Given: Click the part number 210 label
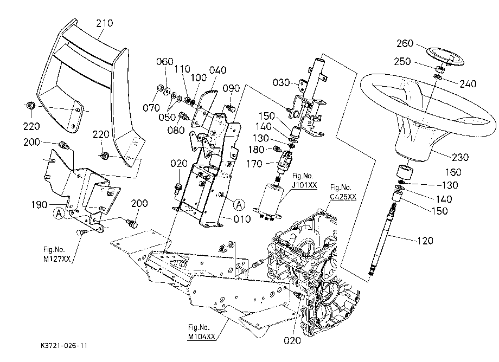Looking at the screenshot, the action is coord(104,23).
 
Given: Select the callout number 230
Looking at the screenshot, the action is coord(460,157).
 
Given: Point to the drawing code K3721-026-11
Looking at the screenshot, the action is coord(64,346).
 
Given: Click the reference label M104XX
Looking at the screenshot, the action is coord(201,337).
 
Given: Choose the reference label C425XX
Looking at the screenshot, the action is coord(343,197).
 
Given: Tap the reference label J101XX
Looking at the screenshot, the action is coord(305,185).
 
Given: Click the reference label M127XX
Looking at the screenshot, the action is coord(56,258).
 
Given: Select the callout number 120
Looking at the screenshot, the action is coord(425,241).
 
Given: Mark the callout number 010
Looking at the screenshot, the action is coord(242,219).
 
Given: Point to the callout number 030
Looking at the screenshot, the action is coord(281,82).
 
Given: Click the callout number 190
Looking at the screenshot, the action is coord(40,205).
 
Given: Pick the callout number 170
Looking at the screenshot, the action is coord(254,164).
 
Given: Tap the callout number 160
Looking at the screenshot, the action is coord(453,172).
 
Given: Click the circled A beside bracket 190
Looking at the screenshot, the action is coord(59,214).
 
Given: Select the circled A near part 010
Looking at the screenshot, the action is coord(239,205).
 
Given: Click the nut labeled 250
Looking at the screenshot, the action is coord(438,69).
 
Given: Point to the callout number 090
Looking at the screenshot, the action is coord(231,88).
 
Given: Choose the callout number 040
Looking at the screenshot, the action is coord(217,70).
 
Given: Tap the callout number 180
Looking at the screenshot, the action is coord(256,150).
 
